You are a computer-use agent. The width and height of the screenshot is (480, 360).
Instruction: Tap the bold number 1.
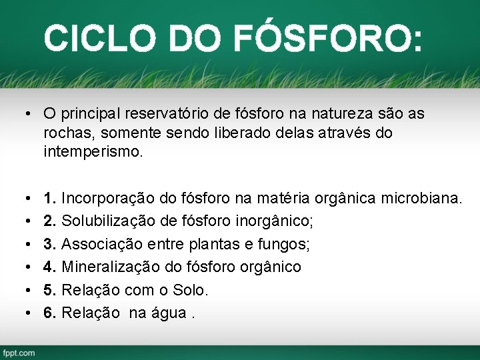(50, 198)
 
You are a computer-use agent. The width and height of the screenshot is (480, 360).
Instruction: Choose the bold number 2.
(50, 221)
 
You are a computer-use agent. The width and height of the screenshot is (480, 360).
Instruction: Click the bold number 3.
(50, 244)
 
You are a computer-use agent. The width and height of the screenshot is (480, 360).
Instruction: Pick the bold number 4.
(50, 267)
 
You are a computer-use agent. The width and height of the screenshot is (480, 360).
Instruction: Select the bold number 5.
(50, 290)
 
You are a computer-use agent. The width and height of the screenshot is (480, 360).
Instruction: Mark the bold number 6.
(50, 313)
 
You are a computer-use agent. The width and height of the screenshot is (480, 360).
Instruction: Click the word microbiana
(424, 198)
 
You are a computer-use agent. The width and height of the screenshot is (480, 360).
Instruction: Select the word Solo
(191, 290)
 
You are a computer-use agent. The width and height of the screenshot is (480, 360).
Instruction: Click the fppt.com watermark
(19, 351)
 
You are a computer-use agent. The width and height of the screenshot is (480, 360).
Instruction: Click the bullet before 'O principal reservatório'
(23, 115)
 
